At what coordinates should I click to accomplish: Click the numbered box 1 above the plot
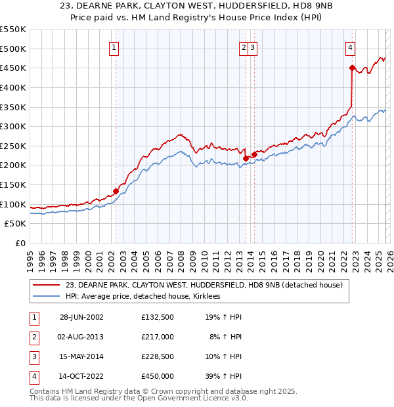pos(114,47)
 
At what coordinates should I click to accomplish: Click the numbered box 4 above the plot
pos(351,47)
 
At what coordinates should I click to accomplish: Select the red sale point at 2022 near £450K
pos(353,68)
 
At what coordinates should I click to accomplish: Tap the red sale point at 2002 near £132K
pos(116,192)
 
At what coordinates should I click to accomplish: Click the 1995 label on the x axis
pos(30,261)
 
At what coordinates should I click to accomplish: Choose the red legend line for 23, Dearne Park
pos(47,286)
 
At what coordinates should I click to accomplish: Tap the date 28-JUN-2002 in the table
pos(81,317)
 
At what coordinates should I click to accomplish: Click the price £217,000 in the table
pos(158,337)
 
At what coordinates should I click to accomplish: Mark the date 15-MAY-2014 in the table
pos(81,356)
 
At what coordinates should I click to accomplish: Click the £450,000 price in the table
pos(158,376)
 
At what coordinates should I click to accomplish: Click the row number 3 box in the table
pos(32,356)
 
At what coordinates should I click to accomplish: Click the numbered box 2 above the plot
pos(244,47)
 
